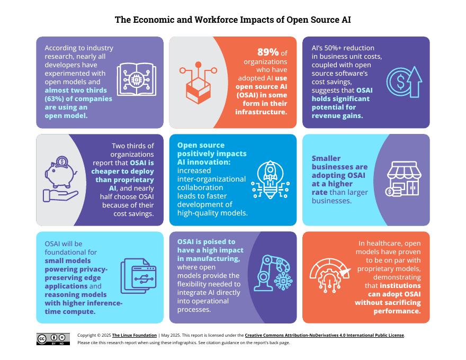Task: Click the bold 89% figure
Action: [x=268, y=52]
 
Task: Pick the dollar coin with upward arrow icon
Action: [x=404, y=82]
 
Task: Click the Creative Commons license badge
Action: [x=53, y=339]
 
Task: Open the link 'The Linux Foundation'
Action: [x=134, y=335]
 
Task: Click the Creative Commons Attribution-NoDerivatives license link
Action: [x=324, y=335]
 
